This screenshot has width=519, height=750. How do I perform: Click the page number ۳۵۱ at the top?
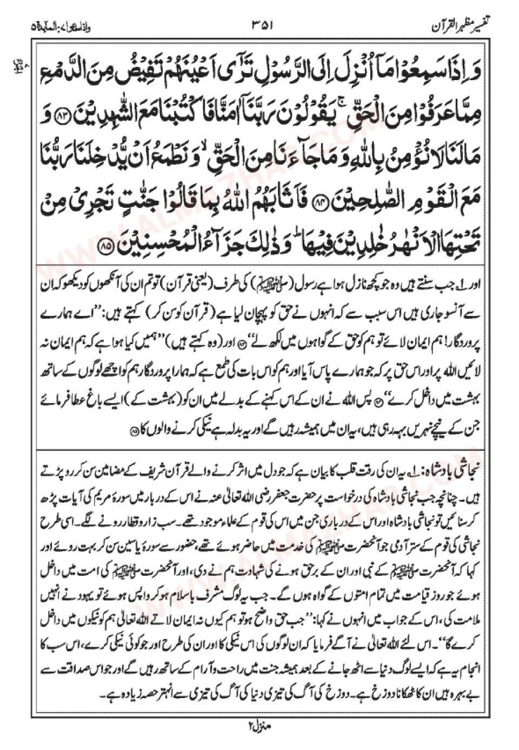point(263,25)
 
